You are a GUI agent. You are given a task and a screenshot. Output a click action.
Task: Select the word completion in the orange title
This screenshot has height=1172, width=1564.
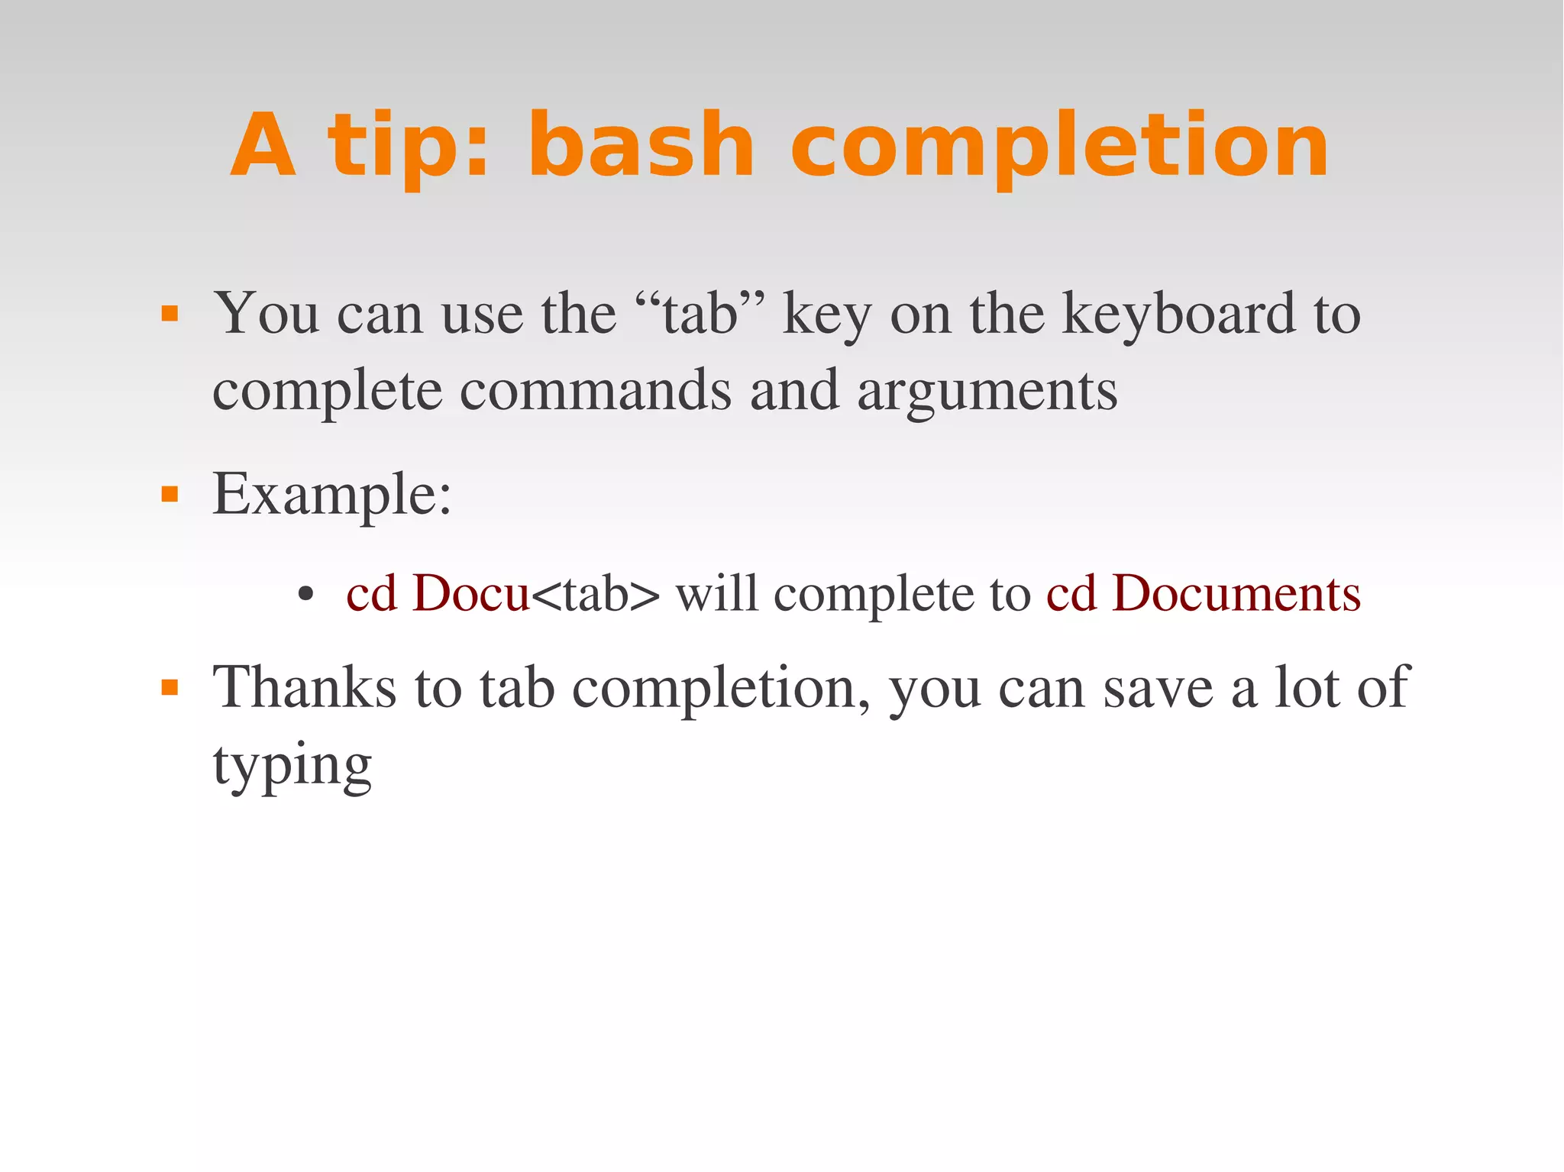coord(1059,147)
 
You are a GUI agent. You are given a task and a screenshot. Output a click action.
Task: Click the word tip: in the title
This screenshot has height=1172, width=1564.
coord(408,147)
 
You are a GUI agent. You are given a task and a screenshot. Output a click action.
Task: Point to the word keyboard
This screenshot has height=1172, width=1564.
coord(1179,313)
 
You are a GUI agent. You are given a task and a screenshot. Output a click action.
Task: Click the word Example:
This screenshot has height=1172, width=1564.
coord(332,495)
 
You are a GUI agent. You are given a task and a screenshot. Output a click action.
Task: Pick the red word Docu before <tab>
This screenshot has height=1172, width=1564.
coord(470,593)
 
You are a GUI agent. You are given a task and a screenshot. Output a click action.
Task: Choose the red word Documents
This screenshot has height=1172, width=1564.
coord(1236,593)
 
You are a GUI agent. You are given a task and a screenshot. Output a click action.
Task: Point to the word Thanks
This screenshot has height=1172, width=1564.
coord(304,687)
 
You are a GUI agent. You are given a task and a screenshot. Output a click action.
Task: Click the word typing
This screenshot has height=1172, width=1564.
coord(292,766)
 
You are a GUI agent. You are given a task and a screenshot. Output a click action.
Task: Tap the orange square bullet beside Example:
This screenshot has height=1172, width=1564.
coord(170,495)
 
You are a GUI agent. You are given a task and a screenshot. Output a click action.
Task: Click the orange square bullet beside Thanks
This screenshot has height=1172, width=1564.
coord(170,688)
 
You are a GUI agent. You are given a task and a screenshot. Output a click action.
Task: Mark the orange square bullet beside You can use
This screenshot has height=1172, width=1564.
coord(170,314)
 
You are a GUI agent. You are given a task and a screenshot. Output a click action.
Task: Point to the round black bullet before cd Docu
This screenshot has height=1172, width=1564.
coord(306,595)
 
